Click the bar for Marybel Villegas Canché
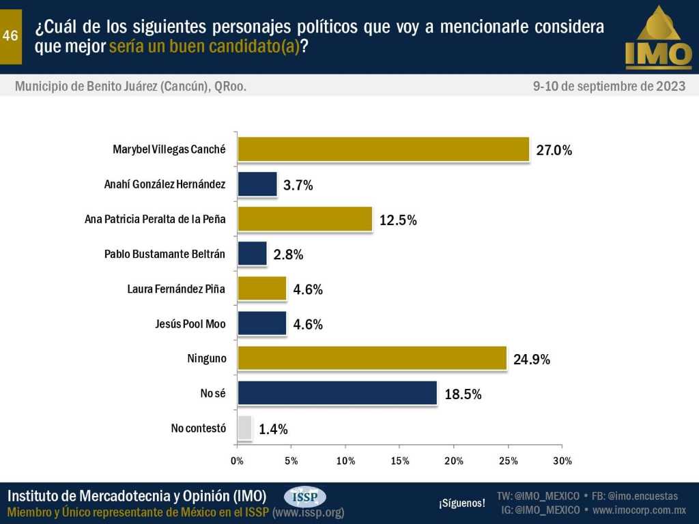(383, 149)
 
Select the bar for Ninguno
(372, 358)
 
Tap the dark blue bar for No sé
(337, 393)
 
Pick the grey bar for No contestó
(245, 428)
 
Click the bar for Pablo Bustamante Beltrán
(252, 254)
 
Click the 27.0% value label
(554, 150)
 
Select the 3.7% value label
(298, 185)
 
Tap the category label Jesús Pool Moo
(190, 323)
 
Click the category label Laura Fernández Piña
(176, 289)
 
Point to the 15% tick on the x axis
(400, 461)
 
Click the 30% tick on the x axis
(562, 461)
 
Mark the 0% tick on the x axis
(238, 461)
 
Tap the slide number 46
(10, 37)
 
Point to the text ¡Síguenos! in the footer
(462, 504)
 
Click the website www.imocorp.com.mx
(639, 510)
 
